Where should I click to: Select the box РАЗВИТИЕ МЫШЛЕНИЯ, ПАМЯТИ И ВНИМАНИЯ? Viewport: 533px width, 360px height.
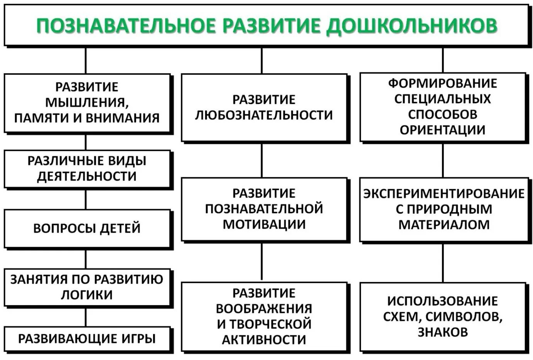click(x=87, y=103)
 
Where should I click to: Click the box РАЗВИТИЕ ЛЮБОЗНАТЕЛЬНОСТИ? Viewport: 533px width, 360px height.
click(x=264, y=108)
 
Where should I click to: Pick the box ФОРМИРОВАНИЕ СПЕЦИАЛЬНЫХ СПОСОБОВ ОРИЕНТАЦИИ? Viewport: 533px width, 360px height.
click(x=442, y=106)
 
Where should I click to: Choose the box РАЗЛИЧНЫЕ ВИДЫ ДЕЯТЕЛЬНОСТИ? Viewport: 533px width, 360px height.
click(x=87, y=169)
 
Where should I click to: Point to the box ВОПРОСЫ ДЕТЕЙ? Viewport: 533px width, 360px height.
click(x=87, y=228)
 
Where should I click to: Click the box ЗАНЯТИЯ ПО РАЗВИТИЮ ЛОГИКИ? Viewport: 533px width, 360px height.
click(x=87, y=287)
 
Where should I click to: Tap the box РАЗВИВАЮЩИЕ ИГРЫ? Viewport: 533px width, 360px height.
click(x=87, y=339)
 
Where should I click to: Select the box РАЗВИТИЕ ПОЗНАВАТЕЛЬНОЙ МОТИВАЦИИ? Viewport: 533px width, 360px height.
click(x=264, y=209)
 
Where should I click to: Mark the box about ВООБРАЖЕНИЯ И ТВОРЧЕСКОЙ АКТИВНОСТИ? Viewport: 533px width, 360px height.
click(x=264, y=316)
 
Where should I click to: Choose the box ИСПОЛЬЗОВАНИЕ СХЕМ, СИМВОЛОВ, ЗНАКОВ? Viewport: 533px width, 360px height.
click(x=442, y=316)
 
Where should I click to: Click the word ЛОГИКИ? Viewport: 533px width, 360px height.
click(x=87, y=295)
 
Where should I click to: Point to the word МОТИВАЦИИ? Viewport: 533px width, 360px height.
click(x=264, y=224)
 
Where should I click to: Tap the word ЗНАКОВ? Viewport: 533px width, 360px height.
click(x=442, y=332)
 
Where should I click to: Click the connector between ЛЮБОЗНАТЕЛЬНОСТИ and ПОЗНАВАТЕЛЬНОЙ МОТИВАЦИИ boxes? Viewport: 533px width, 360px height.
click(x=262, y=160)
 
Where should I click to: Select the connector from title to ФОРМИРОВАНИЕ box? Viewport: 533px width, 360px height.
click(x=443, y=60)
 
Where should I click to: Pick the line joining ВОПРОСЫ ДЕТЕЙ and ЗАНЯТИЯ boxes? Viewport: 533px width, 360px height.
click(x=86, y=259)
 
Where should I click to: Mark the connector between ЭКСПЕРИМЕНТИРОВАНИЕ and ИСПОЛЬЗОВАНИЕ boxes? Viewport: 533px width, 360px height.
click(x=443, y=262)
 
